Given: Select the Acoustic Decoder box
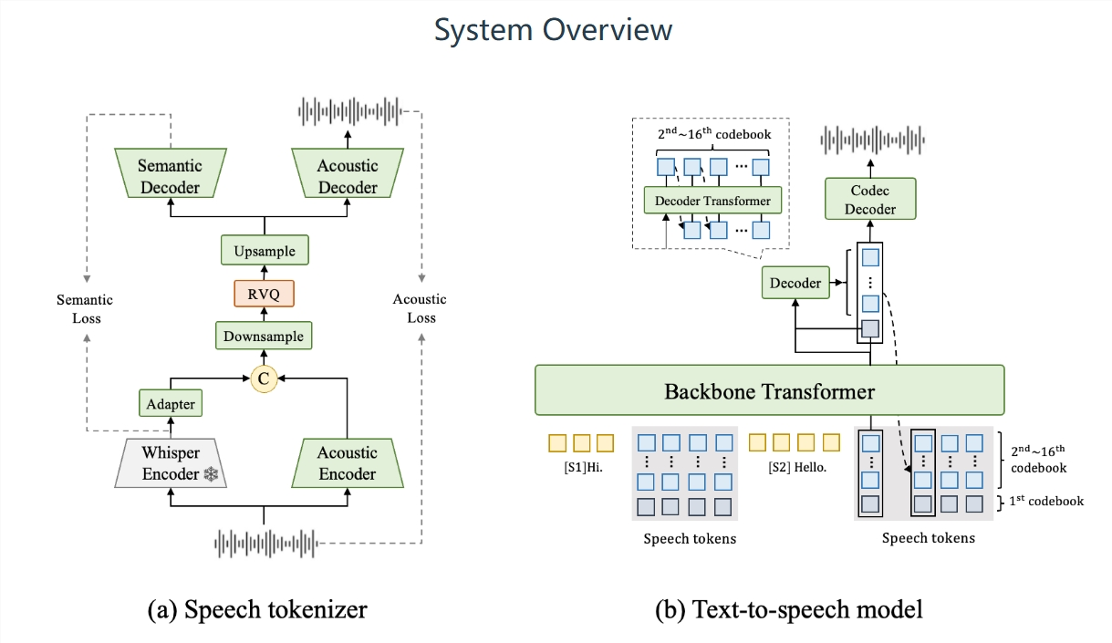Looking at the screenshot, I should coord(347,176).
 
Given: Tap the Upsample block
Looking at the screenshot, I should coord(264,250).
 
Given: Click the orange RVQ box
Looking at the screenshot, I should coord(264,293).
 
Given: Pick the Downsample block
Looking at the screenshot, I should coord(264,336).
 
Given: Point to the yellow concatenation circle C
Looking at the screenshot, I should coord(264,378).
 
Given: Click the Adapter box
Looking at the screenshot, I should coord(170,402).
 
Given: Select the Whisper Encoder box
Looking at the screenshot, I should coord(170,463).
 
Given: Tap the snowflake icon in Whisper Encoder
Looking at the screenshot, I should coord(211,474).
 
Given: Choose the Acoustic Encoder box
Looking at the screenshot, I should coord(347,463).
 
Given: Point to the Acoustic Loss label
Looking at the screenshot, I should coord(421,308).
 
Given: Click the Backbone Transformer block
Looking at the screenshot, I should coord(769,391).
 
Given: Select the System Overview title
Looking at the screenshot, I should coord(553,30).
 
